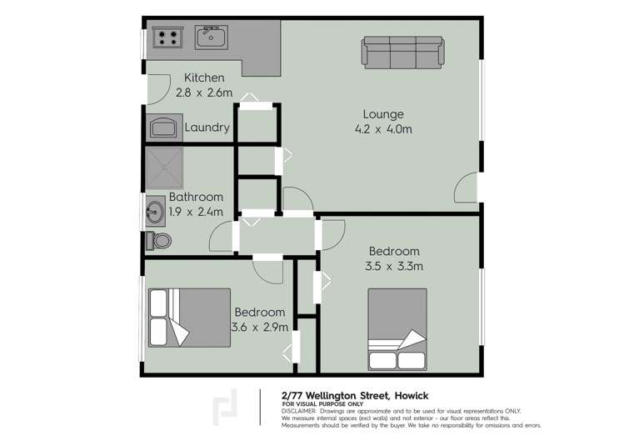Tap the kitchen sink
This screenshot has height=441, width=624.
212,37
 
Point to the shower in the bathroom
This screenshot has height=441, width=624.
164,168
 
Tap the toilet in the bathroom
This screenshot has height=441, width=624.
158,241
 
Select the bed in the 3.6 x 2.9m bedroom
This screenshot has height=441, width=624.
189,317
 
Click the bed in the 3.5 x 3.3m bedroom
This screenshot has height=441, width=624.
397,329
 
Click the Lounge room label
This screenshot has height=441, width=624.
383,114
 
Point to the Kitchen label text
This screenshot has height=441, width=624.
204,78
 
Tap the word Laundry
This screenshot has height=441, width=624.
207,128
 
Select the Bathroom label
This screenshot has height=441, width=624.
196,198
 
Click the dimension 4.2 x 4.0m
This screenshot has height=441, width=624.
383,129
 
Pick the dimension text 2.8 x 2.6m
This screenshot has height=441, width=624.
204,93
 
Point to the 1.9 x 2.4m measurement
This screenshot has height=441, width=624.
196,212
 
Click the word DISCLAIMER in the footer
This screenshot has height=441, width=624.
298,411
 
